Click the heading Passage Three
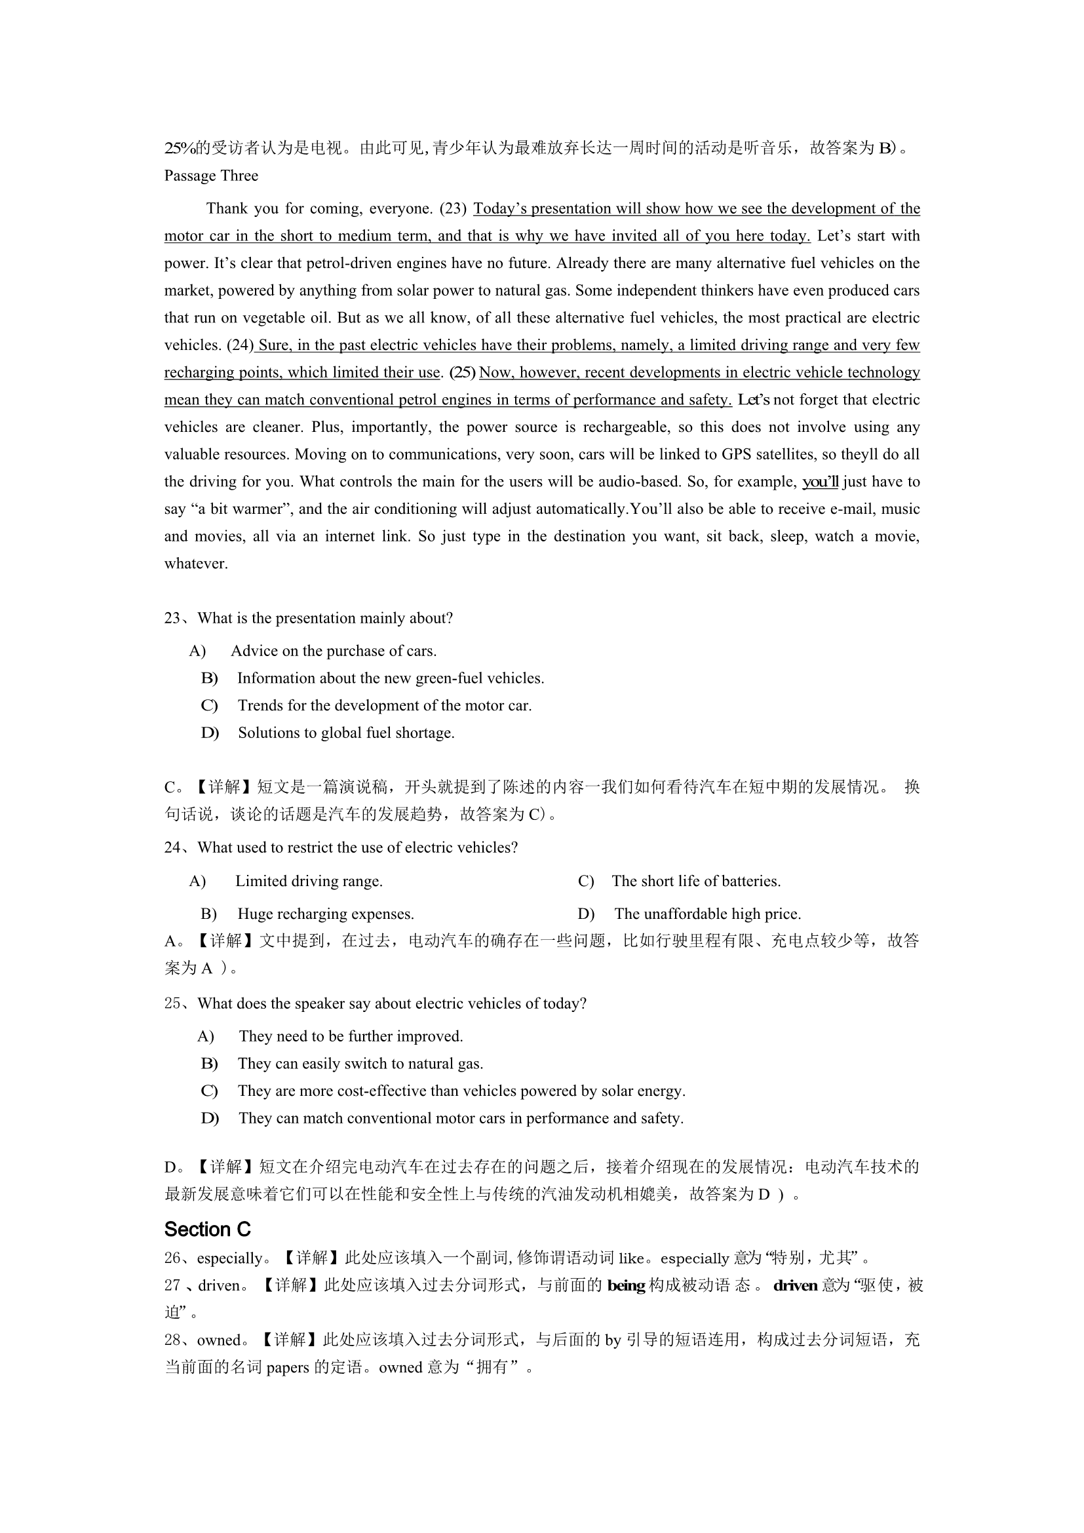point(211,176)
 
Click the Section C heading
point(207,1229)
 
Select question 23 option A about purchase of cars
point(333,651)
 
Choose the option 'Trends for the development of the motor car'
point(385,706)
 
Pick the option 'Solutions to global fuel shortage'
point(346,733)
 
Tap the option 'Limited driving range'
point(309,882)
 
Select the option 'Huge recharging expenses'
point(325,914)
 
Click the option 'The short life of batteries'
point(695,882)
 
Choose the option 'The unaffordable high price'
point(707,914)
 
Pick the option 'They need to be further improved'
point(351,1036)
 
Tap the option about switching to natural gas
point(360,1064)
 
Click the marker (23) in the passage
point(454,208)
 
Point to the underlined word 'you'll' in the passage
point(820,482)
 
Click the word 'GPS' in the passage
point(737,455)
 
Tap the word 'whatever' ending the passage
point(196,564)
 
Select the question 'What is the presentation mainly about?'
point(325,618)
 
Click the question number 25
point(172,1003)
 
